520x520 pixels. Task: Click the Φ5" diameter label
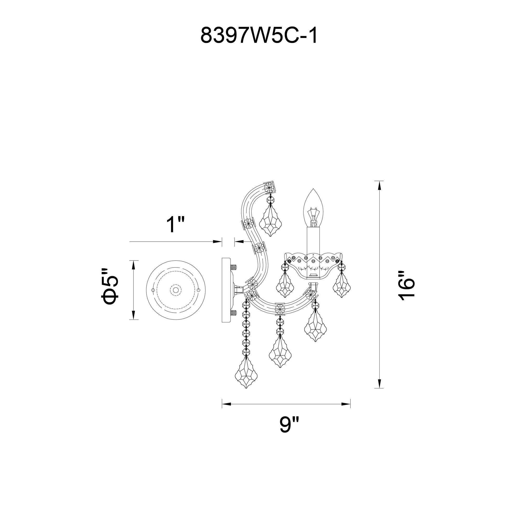click(110, 286)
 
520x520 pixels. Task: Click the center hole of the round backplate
click(175, 290)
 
